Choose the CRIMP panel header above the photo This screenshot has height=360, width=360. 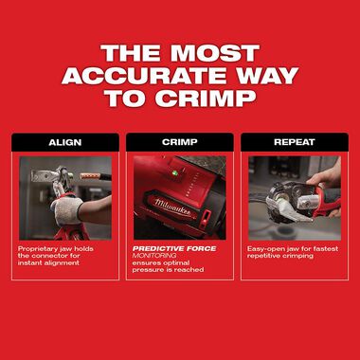tap(179, 142)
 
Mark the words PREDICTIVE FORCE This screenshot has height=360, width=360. tap(173, 249)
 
